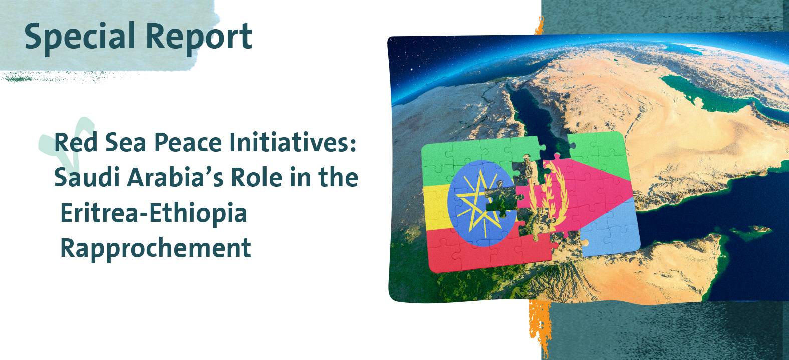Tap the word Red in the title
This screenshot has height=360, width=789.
76,143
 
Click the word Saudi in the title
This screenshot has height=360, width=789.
87,178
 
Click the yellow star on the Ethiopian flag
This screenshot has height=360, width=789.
475,204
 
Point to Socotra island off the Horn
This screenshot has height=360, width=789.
751,230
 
